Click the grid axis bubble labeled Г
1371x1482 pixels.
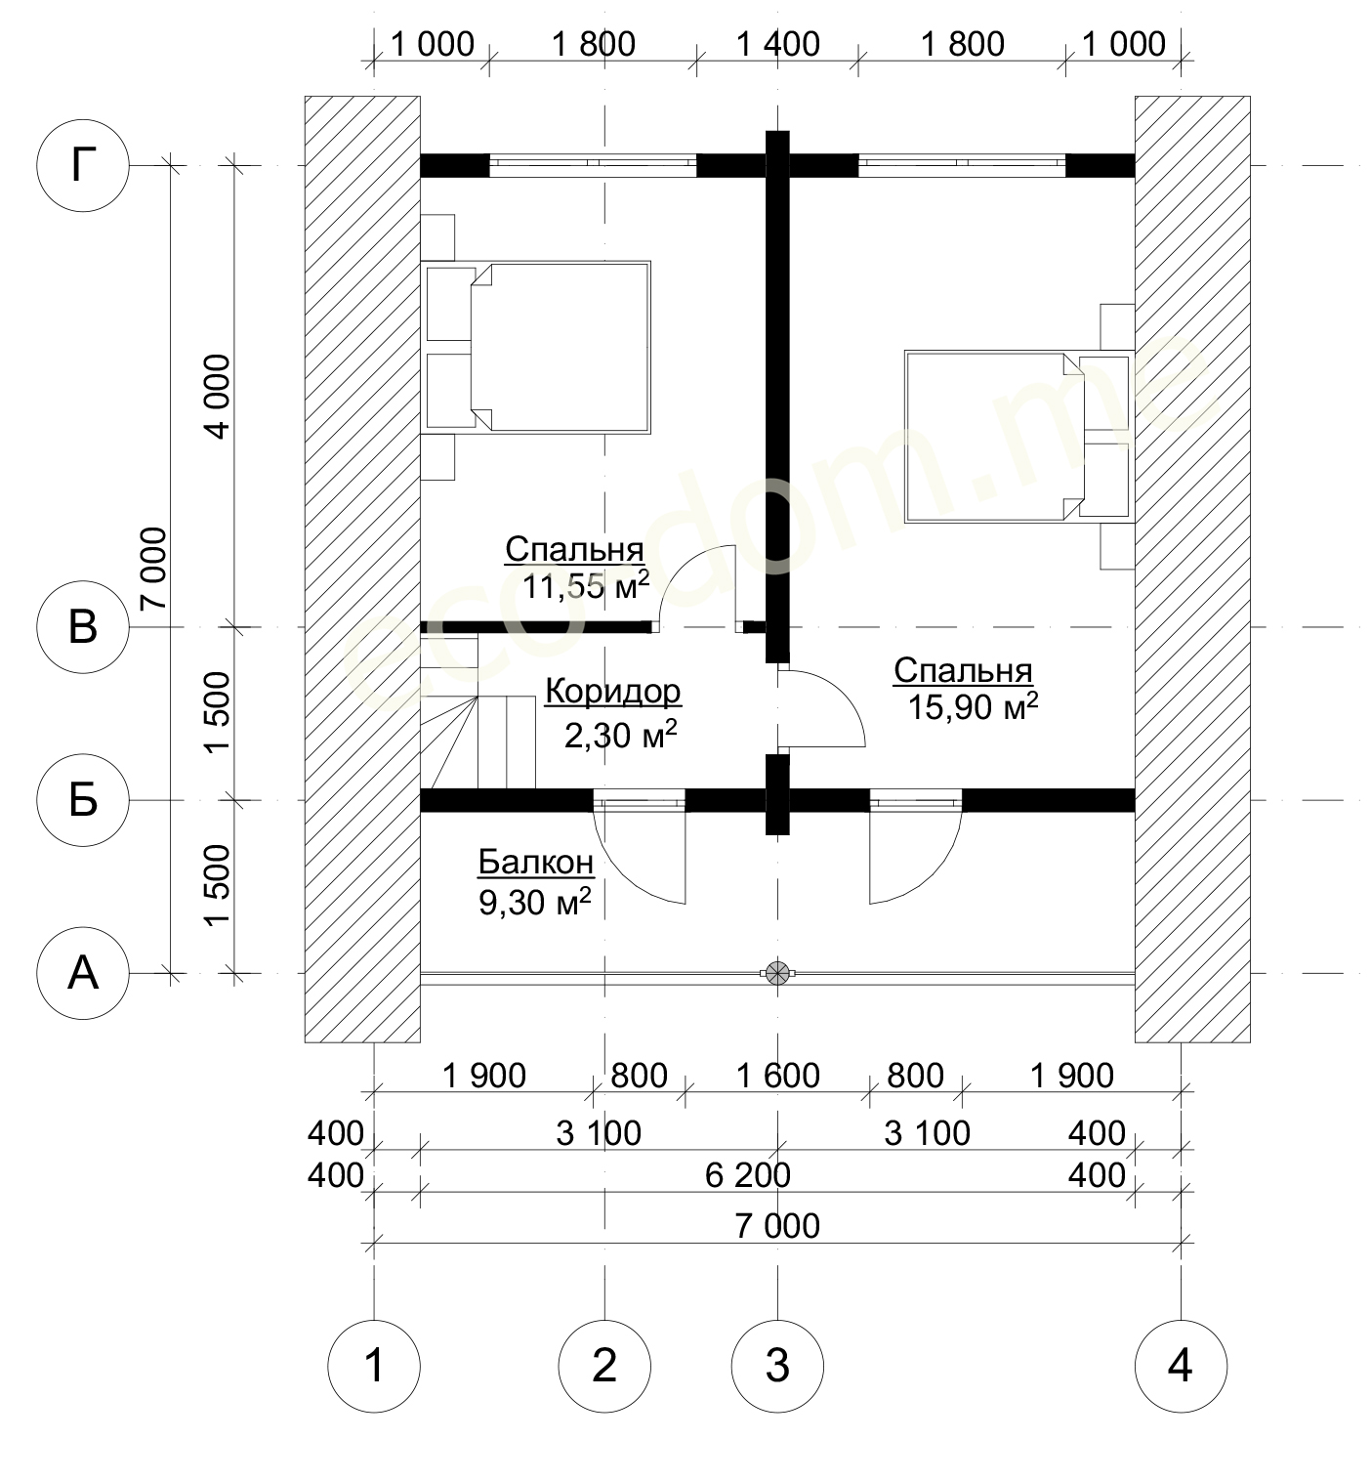point(83,166)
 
